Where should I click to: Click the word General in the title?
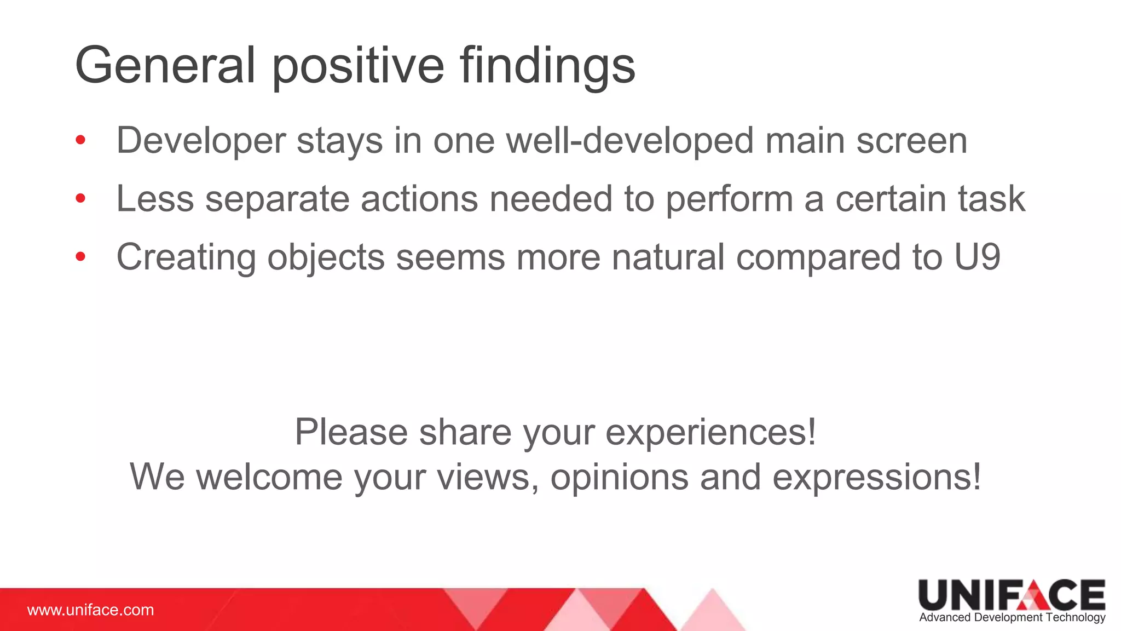click(165, 66)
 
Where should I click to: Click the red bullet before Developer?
click(80, 140)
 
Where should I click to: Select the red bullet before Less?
click(80, 198)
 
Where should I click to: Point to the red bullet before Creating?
click(80, 256)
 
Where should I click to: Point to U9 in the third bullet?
click(977, 256)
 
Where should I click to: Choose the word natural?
click(668, 256)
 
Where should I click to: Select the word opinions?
click(619, 478)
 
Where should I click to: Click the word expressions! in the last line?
click(876, 478)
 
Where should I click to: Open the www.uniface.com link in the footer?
click(90, 610)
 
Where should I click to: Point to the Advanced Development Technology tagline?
click(1012, 617)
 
